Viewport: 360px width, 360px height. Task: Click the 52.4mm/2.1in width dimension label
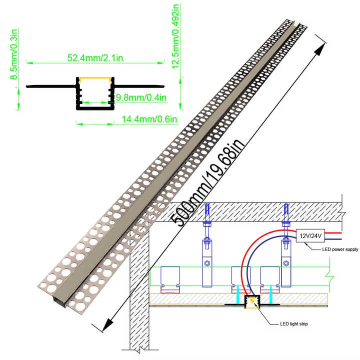click(x=95, y=57)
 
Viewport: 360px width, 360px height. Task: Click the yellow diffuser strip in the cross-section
click(x=95, y=78)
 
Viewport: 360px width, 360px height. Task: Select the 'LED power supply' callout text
click(x=340, y=249)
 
